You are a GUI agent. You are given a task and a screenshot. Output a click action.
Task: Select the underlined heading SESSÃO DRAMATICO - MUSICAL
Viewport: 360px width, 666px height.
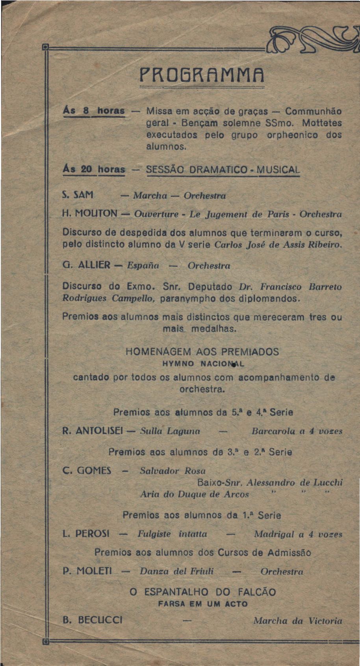coord(223,170)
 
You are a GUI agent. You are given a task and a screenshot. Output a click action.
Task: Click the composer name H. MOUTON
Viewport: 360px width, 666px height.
coord(90,214)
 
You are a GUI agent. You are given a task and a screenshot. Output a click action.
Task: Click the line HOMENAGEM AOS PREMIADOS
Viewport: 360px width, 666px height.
coord(202,352)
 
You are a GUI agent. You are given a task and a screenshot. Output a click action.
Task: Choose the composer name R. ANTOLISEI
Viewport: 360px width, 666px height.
coord(93,431)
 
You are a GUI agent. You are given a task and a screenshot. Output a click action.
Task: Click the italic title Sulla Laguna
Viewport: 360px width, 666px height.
coord(170,431)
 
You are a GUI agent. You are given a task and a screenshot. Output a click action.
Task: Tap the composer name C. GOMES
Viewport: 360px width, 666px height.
coord(87,470)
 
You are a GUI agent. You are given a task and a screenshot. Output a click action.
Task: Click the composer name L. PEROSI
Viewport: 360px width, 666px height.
coord(86,534)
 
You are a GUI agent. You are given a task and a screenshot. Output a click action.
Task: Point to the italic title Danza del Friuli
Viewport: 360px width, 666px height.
coord(176,571)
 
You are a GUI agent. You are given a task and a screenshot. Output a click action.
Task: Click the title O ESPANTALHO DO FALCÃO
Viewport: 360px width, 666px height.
coord(202,592)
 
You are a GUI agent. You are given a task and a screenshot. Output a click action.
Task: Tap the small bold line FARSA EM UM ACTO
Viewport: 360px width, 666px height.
coord(202,604)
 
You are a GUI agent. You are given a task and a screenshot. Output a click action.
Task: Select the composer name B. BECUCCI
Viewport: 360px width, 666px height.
coord(93,621)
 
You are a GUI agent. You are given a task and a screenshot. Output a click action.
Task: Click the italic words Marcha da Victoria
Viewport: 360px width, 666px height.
coord(298,621)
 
